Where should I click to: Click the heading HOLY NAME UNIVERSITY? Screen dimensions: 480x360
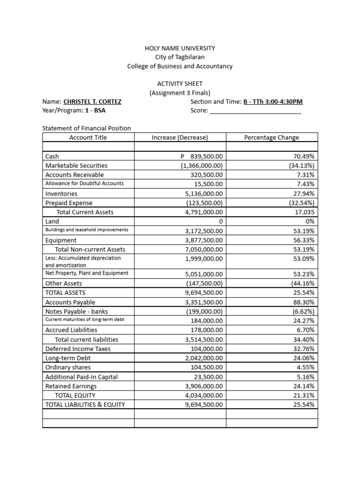pyautogui.click(x=180, y=48)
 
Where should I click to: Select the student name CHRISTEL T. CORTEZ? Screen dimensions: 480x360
pyautogui.click(x=92, y=101)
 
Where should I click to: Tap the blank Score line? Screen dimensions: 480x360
pyautogui.click(x=255, y=111)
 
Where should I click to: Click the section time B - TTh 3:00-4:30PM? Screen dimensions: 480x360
pyautogui.click(x=273, y=101)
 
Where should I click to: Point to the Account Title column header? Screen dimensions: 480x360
pyautogui.click(x=88, y=137)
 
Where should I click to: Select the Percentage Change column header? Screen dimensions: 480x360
pyautogui.click(x=271, y=137)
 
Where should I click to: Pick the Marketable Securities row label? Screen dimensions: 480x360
pyautogui.click(x=76, y=165)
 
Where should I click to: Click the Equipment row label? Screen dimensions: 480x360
pyautogui.click(x=61, y=240)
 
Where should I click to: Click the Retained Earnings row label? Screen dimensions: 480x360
pyautogui.click(x=71, y=386)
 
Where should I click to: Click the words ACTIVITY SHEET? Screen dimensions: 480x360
pyautogui.click(x=180, y=83)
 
